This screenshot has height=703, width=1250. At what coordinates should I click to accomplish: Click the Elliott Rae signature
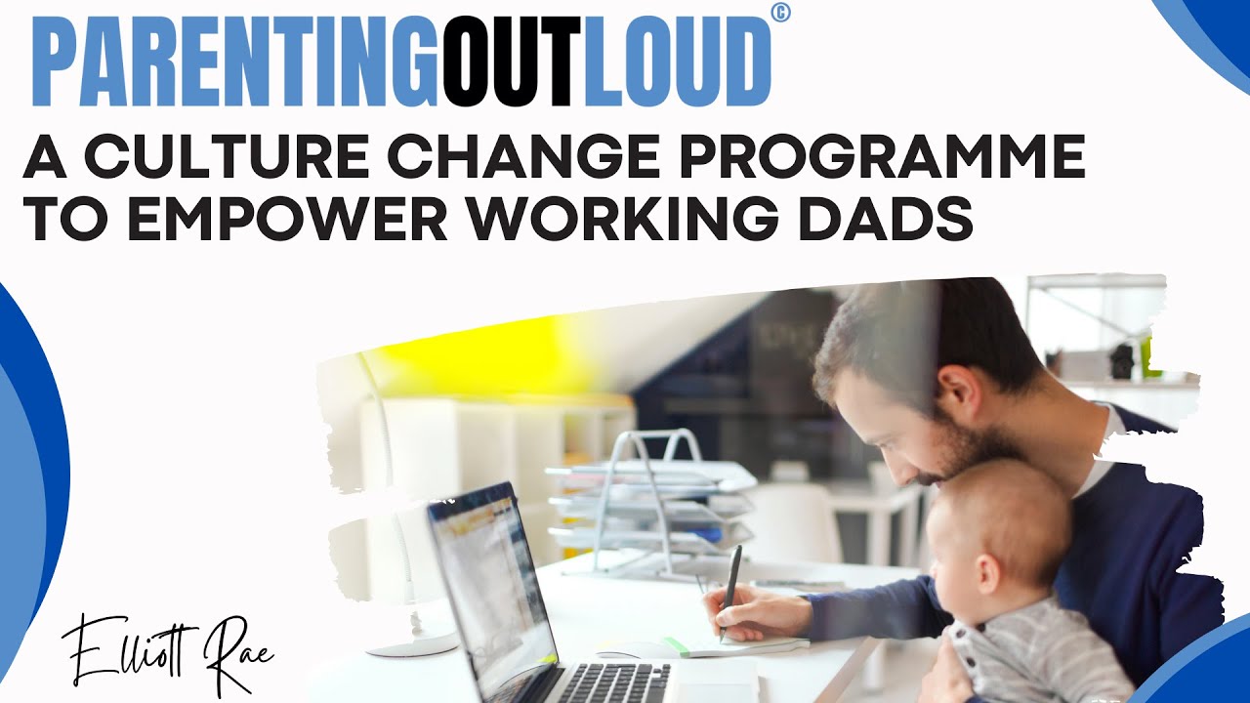pos(167,649)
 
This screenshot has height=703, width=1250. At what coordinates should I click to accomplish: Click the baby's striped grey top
pos(1035,654)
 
